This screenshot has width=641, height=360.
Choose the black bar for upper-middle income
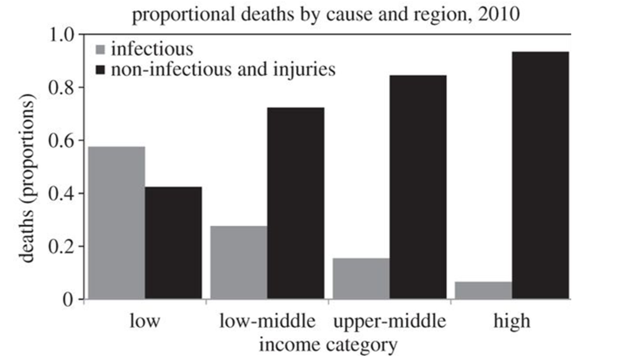click(x=418, y=187)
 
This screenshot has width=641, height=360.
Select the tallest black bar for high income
click(x=540, y=175)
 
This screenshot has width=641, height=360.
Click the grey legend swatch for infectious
click(x=99, y=49)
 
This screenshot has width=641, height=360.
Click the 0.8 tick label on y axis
click(x=60, y=88)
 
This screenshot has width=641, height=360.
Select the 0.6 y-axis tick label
click(x=60, y=141)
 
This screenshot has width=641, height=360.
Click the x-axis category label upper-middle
click(x=389, y=321)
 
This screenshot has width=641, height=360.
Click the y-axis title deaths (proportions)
click(x=28, y=182)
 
